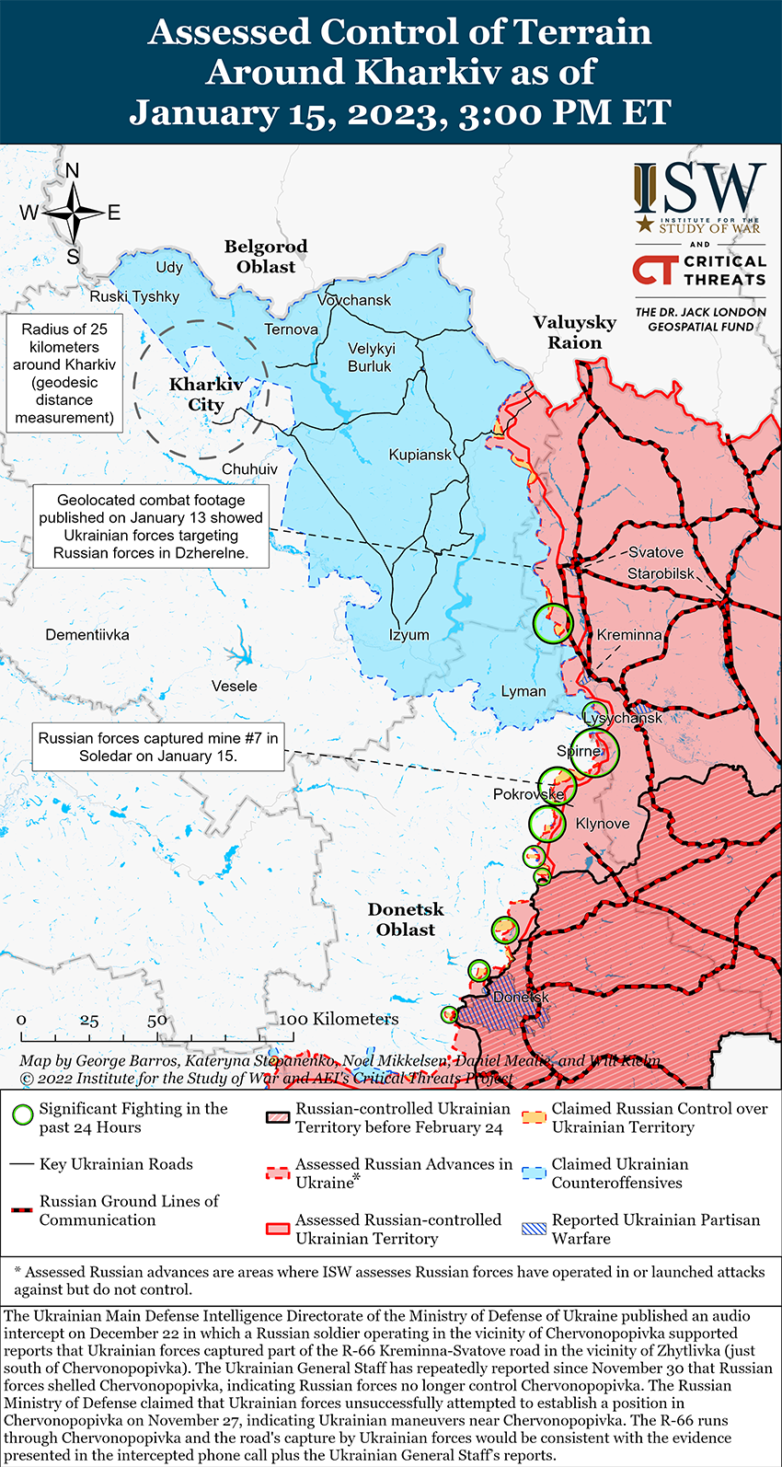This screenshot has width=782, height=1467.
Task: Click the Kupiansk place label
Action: [x=420, y=455]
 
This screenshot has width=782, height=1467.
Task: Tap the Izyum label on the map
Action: [x=408, y=635]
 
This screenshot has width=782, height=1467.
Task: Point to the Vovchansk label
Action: [x=354, y=300]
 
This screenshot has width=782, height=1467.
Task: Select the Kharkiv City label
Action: [x=206, y=395]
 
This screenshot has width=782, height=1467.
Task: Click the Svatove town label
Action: [x=655, y=552]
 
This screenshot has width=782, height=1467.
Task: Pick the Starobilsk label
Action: [x=661, y=573]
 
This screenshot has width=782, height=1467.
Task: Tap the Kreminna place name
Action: [x=628, y=635]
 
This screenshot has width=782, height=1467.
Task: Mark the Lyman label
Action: [x=523, y=691]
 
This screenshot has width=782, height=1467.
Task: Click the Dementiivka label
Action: [x=87, y=635]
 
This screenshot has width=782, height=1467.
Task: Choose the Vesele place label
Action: [x=235, y=687]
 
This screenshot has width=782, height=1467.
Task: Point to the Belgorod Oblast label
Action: [x=266, y=257]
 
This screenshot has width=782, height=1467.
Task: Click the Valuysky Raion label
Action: [x=575, y=332]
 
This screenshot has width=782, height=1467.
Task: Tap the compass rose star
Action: [x=73, y=213]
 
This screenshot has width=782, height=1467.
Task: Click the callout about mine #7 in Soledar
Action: [x=157, y=747]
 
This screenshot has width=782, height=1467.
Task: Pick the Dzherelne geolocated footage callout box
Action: [x=151, y=526]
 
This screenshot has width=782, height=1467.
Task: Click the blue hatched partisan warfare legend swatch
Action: [x=535, y=1229]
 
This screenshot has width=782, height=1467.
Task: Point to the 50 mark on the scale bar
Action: [x=157, y=1020]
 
